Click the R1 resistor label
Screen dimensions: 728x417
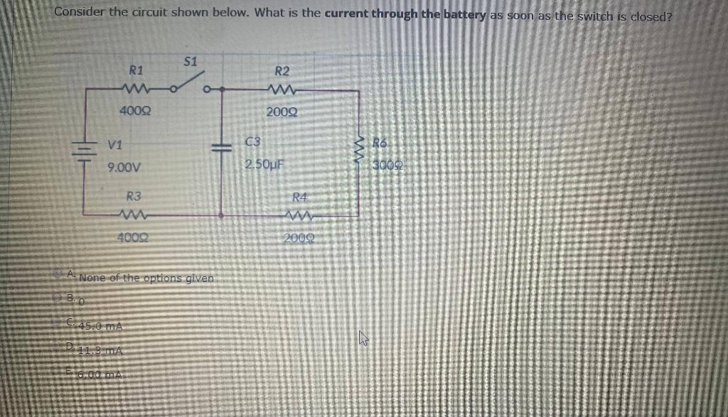[x=136, y=70]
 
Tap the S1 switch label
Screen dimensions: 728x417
[x=191, y=60]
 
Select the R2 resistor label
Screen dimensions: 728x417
[x=282, y=71]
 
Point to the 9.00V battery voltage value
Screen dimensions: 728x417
[x=124, y=168]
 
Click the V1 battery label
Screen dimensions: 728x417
[x=114, y=144]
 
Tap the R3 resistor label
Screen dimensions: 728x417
[x=133, y=195]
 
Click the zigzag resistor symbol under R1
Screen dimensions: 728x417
[x=134, y=90]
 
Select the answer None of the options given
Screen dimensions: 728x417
[x=146, y=278]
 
